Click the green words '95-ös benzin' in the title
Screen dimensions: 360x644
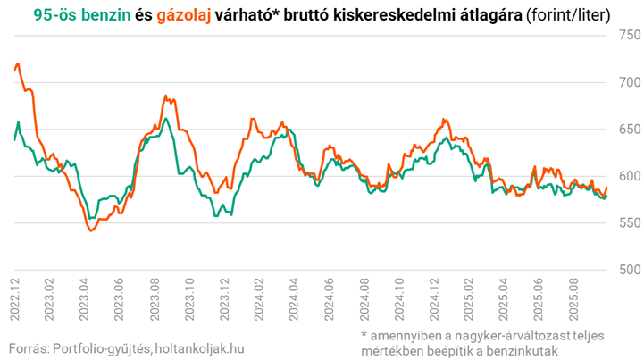80,14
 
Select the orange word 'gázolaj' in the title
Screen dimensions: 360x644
184,14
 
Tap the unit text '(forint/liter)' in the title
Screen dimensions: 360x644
570,14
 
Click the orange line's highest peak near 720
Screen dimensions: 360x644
18,64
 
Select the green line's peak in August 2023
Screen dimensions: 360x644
165,119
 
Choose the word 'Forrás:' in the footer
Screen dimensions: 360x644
27,347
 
